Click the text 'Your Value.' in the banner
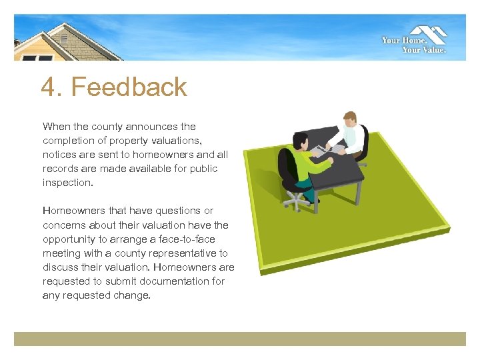point(424,49)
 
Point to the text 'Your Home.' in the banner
point(400,41)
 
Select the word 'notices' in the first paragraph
point(60,154)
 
